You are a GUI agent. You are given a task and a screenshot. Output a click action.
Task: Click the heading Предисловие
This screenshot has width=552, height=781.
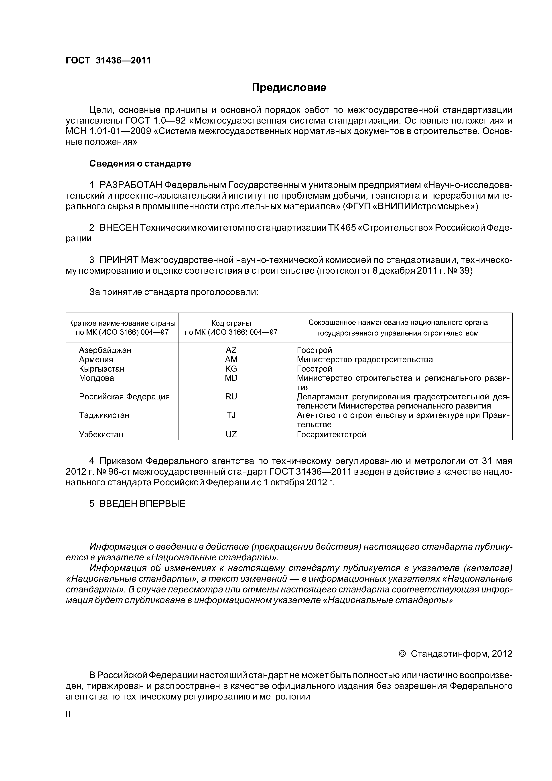coord(289,88)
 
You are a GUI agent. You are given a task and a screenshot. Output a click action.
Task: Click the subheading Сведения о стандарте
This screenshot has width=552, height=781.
coord(140,164)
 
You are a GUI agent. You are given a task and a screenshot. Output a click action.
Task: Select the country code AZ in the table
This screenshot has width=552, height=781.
coord(231,350)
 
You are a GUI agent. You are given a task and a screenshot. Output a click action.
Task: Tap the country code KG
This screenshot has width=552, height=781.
coord(231,369)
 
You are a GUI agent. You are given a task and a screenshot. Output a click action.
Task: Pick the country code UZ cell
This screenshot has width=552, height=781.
coord(231,434)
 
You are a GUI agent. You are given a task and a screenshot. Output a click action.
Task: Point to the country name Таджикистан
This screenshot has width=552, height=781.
coord(104,415)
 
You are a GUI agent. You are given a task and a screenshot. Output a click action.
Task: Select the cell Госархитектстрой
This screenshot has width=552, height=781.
coord(331,434)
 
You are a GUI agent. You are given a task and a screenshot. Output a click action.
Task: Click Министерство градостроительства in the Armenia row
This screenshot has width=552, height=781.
coord(365,360)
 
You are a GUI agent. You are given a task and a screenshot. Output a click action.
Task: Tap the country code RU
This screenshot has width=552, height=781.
coord(231,397)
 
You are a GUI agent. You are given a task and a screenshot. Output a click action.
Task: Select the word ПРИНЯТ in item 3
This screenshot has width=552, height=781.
coord(119,260)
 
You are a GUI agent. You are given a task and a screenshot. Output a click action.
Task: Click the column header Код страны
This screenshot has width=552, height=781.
coord(231,323)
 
